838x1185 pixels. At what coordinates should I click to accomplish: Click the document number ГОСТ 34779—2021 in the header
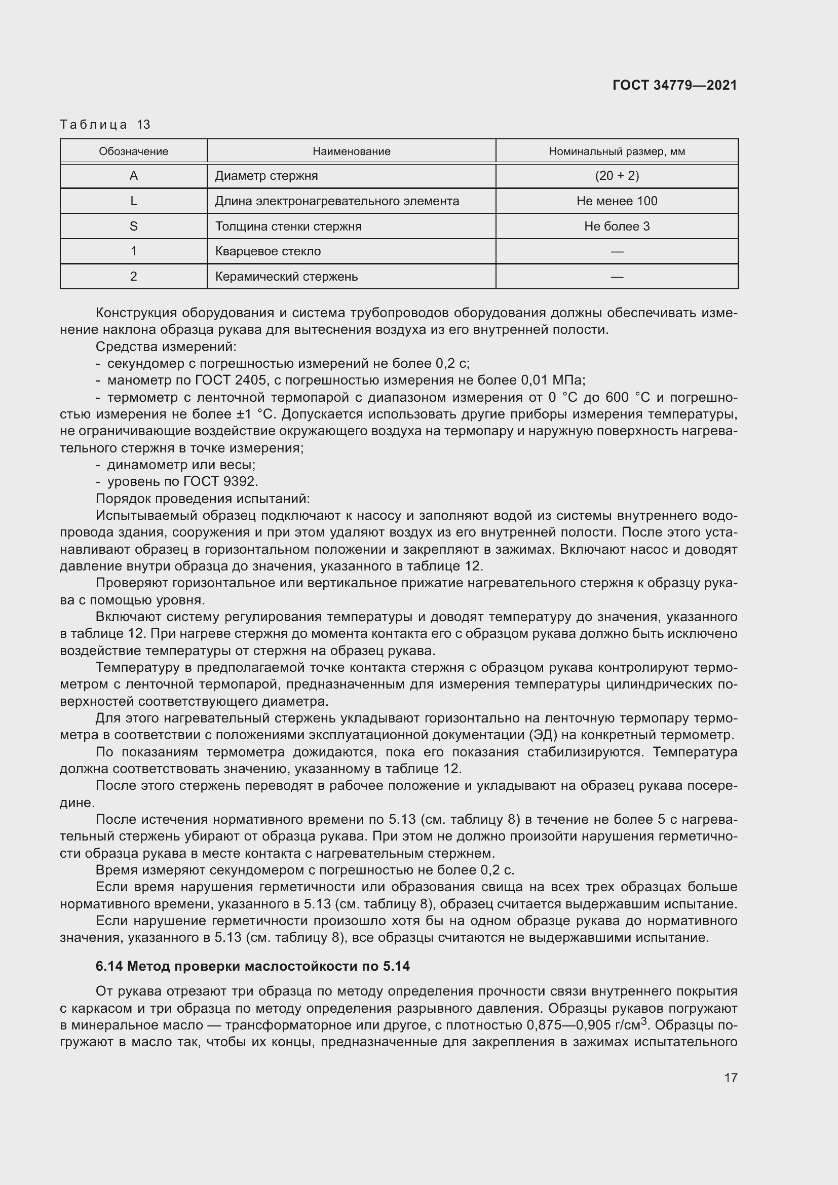click(674, 85)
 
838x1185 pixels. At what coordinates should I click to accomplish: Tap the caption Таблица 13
click(105, 125)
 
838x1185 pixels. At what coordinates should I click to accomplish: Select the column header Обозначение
click(133, 151)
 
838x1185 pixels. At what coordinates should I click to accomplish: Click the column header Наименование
click(351, 151)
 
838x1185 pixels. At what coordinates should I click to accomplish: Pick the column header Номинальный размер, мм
click(617, 151)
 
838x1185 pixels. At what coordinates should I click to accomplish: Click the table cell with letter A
click(133, 176)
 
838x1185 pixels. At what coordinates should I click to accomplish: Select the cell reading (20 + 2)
click(617, 176)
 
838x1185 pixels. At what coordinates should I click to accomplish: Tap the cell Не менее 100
click(617, 201)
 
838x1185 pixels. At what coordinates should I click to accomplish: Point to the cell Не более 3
click(617, 226)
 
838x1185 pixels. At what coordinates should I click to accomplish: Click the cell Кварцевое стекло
click(268, 251)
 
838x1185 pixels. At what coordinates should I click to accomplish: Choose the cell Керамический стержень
click(286, 277)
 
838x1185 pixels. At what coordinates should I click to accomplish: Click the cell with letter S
click(133, 226)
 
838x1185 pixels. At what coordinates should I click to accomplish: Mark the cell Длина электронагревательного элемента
click(336, 201)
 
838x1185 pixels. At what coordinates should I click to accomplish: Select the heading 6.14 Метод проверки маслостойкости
click(252, 966)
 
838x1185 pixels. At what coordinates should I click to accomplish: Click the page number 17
click(730, 1078)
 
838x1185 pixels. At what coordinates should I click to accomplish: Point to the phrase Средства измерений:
click(166, 347)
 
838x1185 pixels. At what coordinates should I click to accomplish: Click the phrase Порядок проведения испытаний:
click(202, 499)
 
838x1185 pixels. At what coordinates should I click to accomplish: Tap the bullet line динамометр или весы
click(180, 465)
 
